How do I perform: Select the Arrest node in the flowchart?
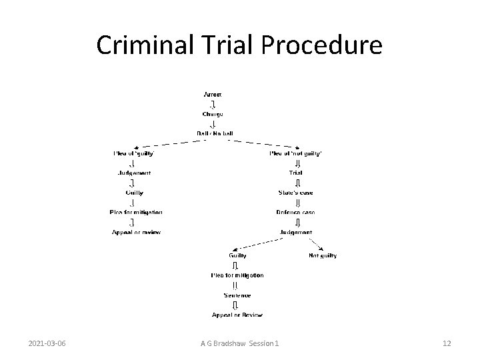pos(212,95)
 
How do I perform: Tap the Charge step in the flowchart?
pos(212,114)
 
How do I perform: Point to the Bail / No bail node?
pos(212,133)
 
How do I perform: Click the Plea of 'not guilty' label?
pos(295,153)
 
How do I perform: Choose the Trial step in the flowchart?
pos(295,173)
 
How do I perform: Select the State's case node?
pos(295,193)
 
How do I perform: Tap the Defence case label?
pos(295,212)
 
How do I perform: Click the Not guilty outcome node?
pos(323,255)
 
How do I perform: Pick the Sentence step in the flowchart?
pos(237,295)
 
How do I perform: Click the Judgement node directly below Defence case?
pos(295,232)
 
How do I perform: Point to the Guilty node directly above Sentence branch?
pos(237,255)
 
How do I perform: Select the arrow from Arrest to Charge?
pos(212,104)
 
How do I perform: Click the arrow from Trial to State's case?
pos(297,183)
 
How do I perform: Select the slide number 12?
pos(447,343)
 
